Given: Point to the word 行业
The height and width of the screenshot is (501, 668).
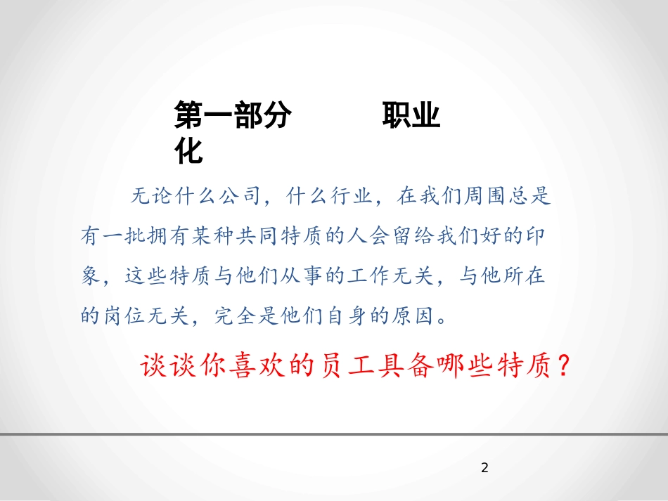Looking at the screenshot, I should click(x=347, y=196).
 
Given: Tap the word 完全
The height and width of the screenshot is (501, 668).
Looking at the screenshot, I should click(x=233, y=316).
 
